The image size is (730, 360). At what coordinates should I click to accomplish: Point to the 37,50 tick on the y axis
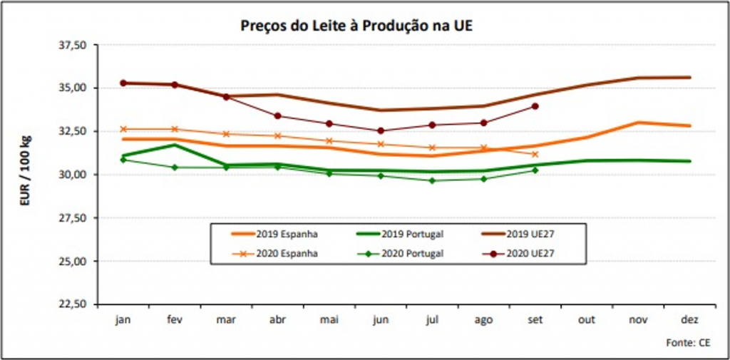coord(72,45)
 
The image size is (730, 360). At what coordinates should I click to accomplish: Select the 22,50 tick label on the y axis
coord(72,304)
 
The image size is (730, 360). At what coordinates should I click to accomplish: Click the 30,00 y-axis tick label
coord(72,175)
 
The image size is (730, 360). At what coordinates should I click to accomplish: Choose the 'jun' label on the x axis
coord(380,320)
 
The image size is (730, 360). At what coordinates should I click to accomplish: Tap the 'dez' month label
coord(690,320)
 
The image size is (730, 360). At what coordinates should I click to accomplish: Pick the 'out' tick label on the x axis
coord(586,320)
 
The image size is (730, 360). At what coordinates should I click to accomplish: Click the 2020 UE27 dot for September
coord(535,106)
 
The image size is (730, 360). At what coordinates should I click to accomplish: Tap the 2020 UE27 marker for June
coord(380,130)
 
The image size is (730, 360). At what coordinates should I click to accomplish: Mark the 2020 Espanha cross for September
coord(535,154)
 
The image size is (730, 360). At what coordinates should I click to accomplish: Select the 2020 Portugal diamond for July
coord(432,180)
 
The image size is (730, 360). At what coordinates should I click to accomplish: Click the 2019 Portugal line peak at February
coord(175,145)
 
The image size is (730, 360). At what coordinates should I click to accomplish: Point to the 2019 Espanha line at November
coord(638,123)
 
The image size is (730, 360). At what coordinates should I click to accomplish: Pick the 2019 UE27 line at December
coord(690,77)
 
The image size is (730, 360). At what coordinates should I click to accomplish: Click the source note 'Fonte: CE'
coord(688,343)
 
